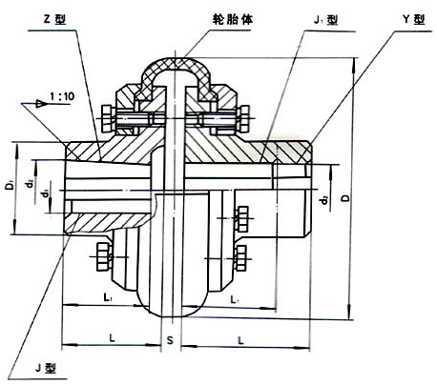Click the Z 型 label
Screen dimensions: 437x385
54,20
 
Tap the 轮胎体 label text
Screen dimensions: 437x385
233,19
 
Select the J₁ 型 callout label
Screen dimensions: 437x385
325,20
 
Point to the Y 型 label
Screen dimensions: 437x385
414,20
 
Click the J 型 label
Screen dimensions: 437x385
46,368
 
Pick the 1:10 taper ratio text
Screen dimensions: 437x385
62,95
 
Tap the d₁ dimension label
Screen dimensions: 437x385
46,192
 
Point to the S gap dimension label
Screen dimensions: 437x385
171,340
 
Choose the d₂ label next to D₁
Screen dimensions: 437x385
30,183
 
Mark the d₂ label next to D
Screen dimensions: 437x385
324,200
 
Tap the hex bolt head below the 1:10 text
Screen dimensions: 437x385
107,118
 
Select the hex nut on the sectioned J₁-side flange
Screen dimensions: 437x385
243,119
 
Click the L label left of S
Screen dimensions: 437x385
113,338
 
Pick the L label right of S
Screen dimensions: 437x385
241,341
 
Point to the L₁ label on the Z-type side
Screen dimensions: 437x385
108,297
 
